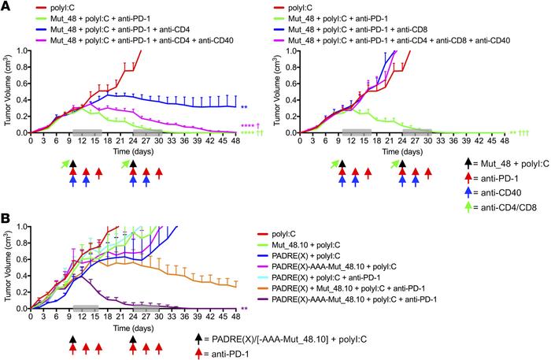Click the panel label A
coord(7,6)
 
